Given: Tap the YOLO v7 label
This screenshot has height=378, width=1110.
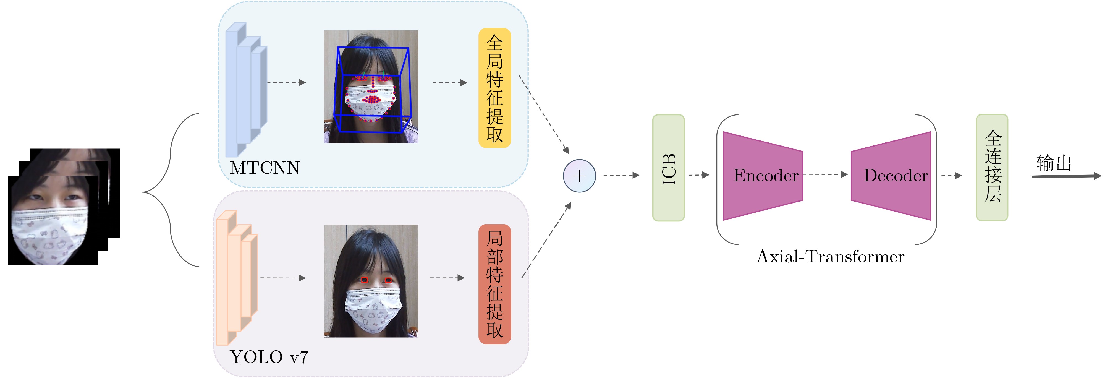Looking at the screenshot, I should click(x=269, y=357).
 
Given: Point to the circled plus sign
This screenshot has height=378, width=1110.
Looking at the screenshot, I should click(x=579, y=176).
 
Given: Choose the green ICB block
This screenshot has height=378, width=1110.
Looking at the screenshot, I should click(x=668, y=168).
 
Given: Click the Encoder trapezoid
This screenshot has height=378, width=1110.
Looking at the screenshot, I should click(x=763, y=176).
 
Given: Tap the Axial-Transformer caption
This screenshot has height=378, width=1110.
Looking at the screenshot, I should click(x=830, y=257).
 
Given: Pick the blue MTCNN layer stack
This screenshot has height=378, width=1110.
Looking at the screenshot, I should click(x=246, y=88).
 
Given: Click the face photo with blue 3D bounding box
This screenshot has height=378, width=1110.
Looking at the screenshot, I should click(x=371, y=87).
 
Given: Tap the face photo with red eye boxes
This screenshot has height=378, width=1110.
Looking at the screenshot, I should click(x=371, y=281).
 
